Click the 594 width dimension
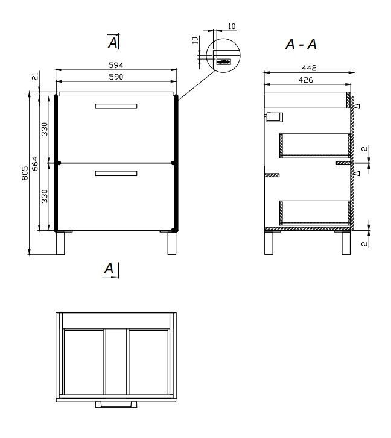pos(116,65)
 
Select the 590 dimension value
pos(116,77)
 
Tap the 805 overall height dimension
pos(25,173)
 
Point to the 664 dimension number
pos(34,164)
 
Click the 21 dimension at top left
pos(35,76)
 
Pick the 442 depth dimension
pos(309,68)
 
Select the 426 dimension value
pos(306,80)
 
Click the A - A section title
pos(301,44)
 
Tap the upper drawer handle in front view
pos(116,106)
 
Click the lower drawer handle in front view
pos(116,174)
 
